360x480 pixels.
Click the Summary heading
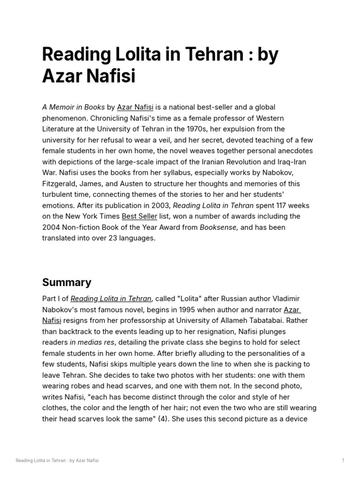(67, 282)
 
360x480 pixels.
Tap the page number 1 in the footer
(343, 460)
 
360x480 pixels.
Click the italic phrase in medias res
(92, 342)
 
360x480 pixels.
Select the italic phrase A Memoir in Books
(74, 107)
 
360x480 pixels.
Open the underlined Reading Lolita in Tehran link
(111, 299)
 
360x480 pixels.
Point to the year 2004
(52, 227)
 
